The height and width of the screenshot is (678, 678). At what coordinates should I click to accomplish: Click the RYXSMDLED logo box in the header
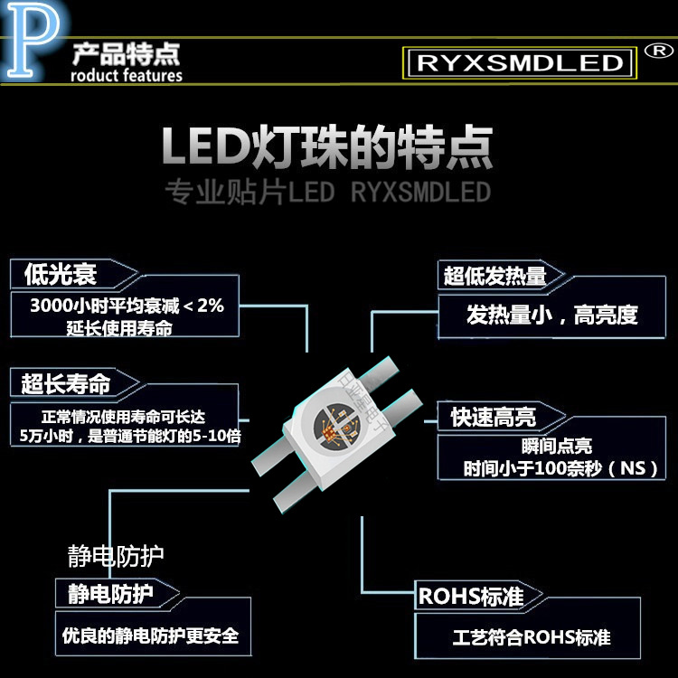coord(519,62)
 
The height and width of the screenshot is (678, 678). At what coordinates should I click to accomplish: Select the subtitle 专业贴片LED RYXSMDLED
coord(327,193)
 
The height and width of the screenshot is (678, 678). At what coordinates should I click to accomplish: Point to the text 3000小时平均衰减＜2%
coord(126,306)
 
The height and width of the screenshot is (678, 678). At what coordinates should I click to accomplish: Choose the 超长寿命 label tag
coord(65,383)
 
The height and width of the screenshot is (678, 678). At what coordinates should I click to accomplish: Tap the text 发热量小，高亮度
coord(551,315)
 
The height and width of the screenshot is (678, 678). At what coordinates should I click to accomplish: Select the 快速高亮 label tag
coord(494,417)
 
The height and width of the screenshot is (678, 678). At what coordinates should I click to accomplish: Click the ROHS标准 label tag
coord(470,597)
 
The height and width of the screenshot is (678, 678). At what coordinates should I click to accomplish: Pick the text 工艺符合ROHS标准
coord(532,637)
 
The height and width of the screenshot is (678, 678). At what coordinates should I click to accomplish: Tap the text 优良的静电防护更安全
coord(150,636)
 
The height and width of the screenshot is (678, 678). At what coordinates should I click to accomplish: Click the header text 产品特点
coord(126,52)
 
